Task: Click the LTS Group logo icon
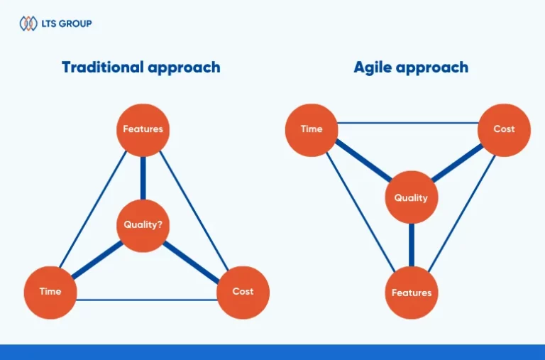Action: click(x=28, y=23)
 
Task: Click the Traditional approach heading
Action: click(x=141, y=67)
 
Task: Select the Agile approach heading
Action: click(x=411, y=67)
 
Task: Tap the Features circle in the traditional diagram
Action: click(x=143, y=130)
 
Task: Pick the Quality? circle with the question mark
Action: click(x=143, y=225)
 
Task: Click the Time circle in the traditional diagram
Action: click(x=50, y=292)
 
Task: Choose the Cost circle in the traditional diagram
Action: click(x=243, y=292)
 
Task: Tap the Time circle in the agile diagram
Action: click(x=312, y=130)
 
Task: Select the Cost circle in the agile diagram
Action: click(x=504, y=130)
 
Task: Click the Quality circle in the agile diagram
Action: click(x=411, y=197)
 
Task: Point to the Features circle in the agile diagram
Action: click(x=412, y=292)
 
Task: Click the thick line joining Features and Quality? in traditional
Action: click(x=143, y=178)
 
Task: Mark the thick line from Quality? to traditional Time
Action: click(x=97, y=260)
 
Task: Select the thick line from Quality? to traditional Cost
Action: click(x=191, y=261)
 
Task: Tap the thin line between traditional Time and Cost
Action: click(x=146, y=300)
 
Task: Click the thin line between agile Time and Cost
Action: click(x=408, y=122)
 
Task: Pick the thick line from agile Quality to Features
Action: click(x=412, y=245)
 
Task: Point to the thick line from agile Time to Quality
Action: click(x=363, y=160)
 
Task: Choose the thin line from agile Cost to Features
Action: click(x=461, y=213)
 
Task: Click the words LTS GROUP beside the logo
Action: click(x=67, y=23)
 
